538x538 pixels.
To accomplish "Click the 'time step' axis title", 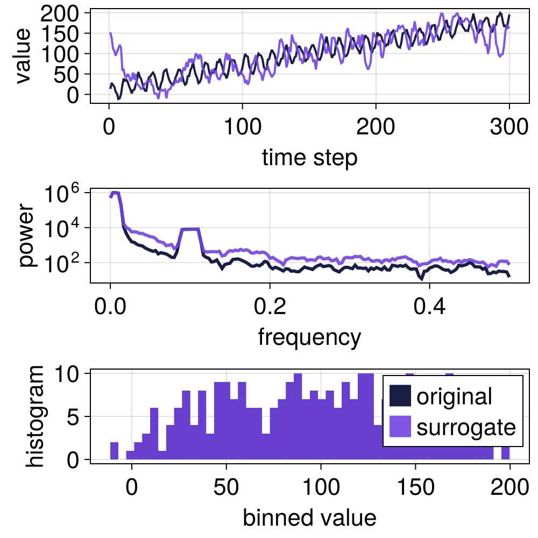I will (x=309, y=158).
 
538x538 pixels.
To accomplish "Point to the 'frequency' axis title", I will (x=309, y=337).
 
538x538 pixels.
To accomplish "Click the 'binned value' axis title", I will (x=309, y=518).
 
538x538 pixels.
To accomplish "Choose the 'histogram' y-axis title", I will (x=37, y=416).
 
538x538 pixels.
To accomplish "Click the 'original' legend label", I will (x=454, y=397).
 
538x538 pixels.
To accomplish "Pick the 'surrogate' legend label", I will (x=466, y=428).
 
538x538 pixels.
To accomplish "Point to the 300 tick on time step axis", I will (x=509, y=129).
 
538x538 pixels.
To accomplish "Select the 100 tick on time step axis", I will (x=242, y=129).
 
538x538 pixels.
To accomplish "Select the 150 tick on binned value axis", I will (x=415, y=488).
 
